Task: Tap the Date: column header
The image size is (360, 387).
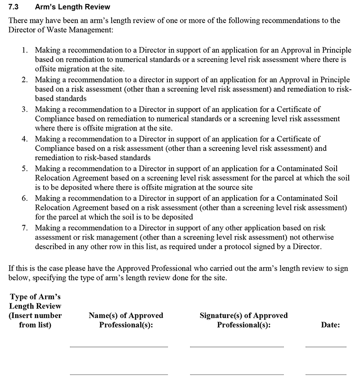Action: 330,324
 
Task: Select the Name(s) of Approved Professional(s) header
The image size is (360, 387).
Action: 126,320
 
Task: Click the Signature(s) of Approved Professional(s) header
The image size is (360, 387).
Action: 243,320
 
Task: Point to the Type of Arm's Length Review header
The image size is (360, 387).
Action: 35,310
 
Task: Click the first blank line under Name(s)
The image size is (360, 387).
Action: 119,346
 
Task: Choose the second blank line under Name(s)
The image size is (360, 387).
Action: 119,374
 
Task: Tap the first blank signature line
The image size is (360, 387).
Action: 237,346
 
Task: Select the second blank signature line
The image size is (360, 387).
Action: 237,374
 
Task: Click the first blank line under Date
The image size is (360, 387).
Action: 326,346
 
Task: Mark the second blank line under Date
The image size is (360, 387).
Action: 326,374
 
